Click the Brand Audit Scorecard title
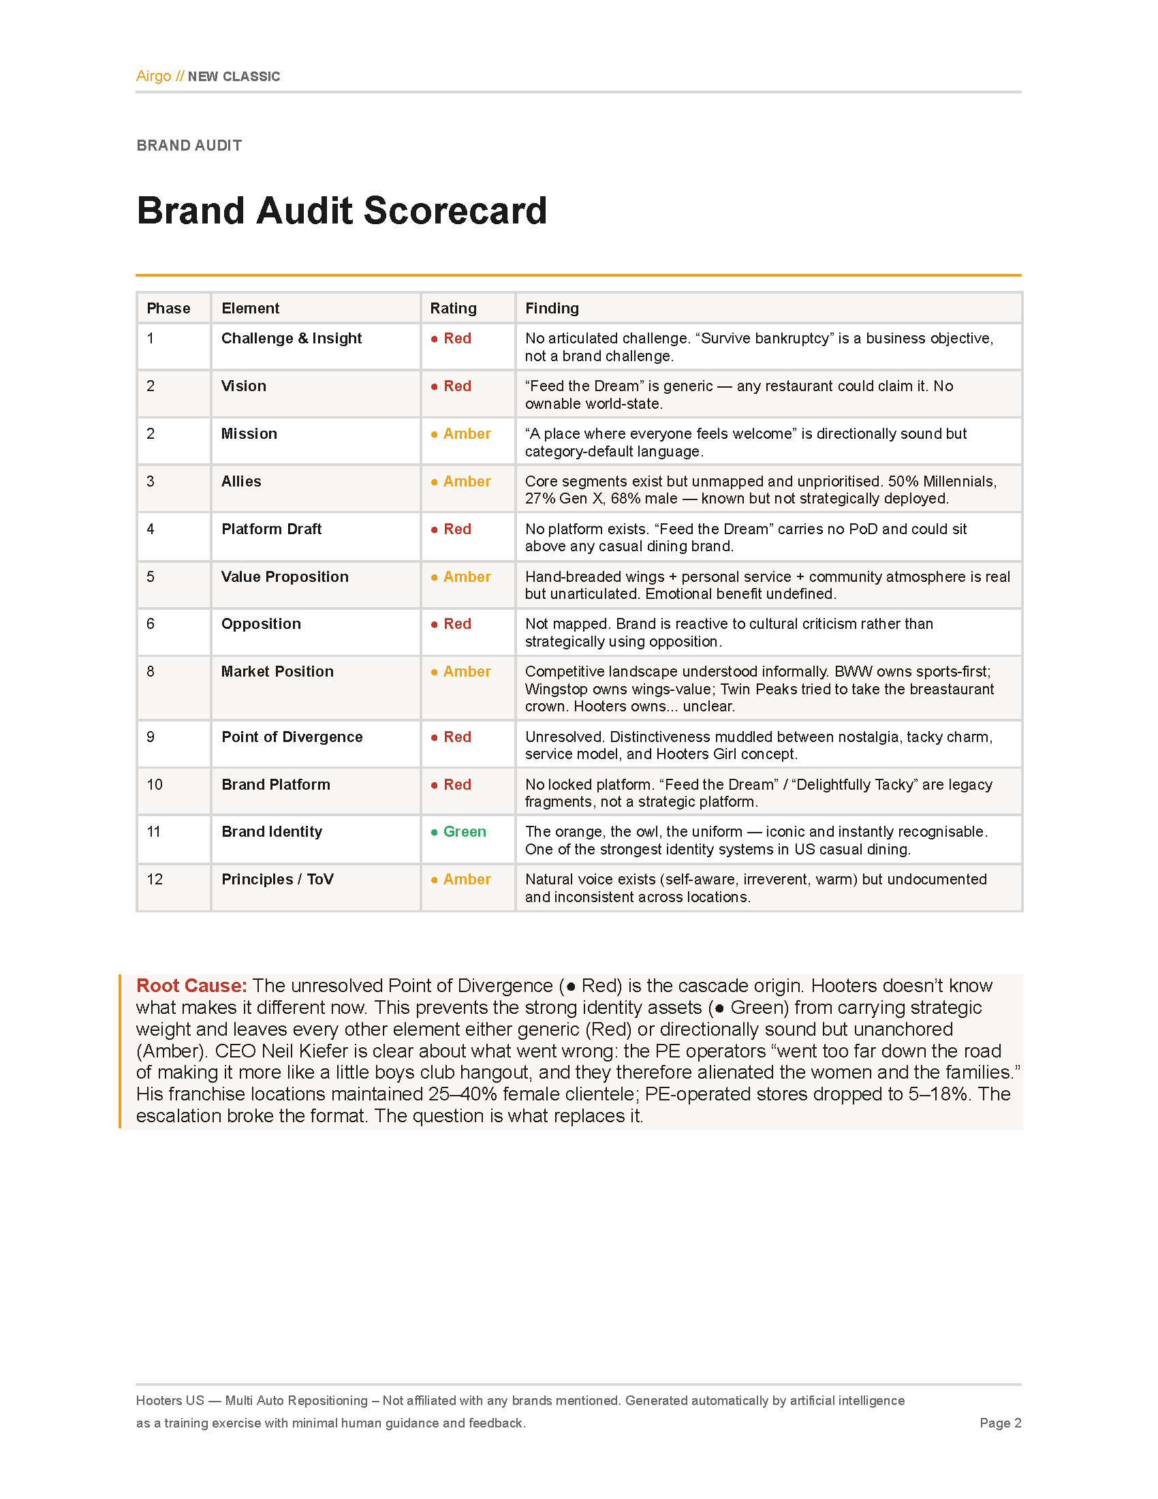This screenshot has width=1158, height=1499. click(x=342, y=210)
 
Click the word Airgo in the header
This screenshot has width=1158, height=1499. click(x=153, y=76)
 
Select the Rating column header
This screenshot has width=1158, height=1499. click(x=453, y=308)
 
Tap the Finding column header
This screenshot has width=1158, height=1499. click(x=552, y=308)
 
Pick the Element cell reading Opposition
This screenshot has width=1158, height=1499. click(x=261, y=623)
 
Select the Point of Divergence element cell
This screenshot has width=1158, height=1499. click(x=292, y=737)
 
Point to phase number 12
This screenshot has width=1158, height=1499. click(x=155, y=879)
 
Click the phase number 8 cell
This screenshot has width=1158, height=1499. click(x=151, y=671)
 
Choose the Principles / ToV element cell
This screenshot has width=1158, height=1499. click(x=277, y=879)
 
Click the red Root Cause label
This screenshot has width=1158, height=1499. click(x=191, y=986)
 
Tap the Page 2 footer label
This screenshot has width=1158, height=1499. click(x=999, y=1423)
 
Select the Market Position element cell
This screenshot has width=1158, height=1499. click(x=277, y=671)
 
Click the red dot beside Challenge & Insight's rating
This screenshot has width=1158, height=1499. click(x=435, y=339)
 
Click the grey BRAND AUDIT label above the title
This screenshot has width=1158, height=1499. click(x=189, y=146)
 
